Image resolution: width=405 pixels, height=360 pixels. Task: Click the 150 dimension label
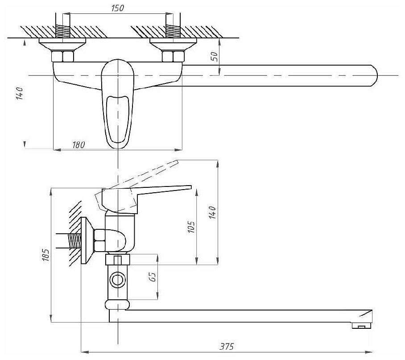tap(118, 8)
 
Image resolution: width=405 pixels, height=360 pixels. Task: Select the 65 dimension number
tap(152, 277)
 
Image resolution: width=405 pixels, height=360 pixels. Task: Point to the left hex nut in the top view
tap(63, 56)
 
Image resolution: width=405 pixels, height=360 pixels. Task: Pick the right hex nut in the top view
tap(173, 56)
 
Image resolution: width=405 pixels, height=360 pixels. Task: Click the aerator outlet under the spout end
tap(360, 327)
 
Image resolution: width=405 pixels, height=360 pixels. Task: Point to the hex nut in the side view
tap(100, 241)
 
